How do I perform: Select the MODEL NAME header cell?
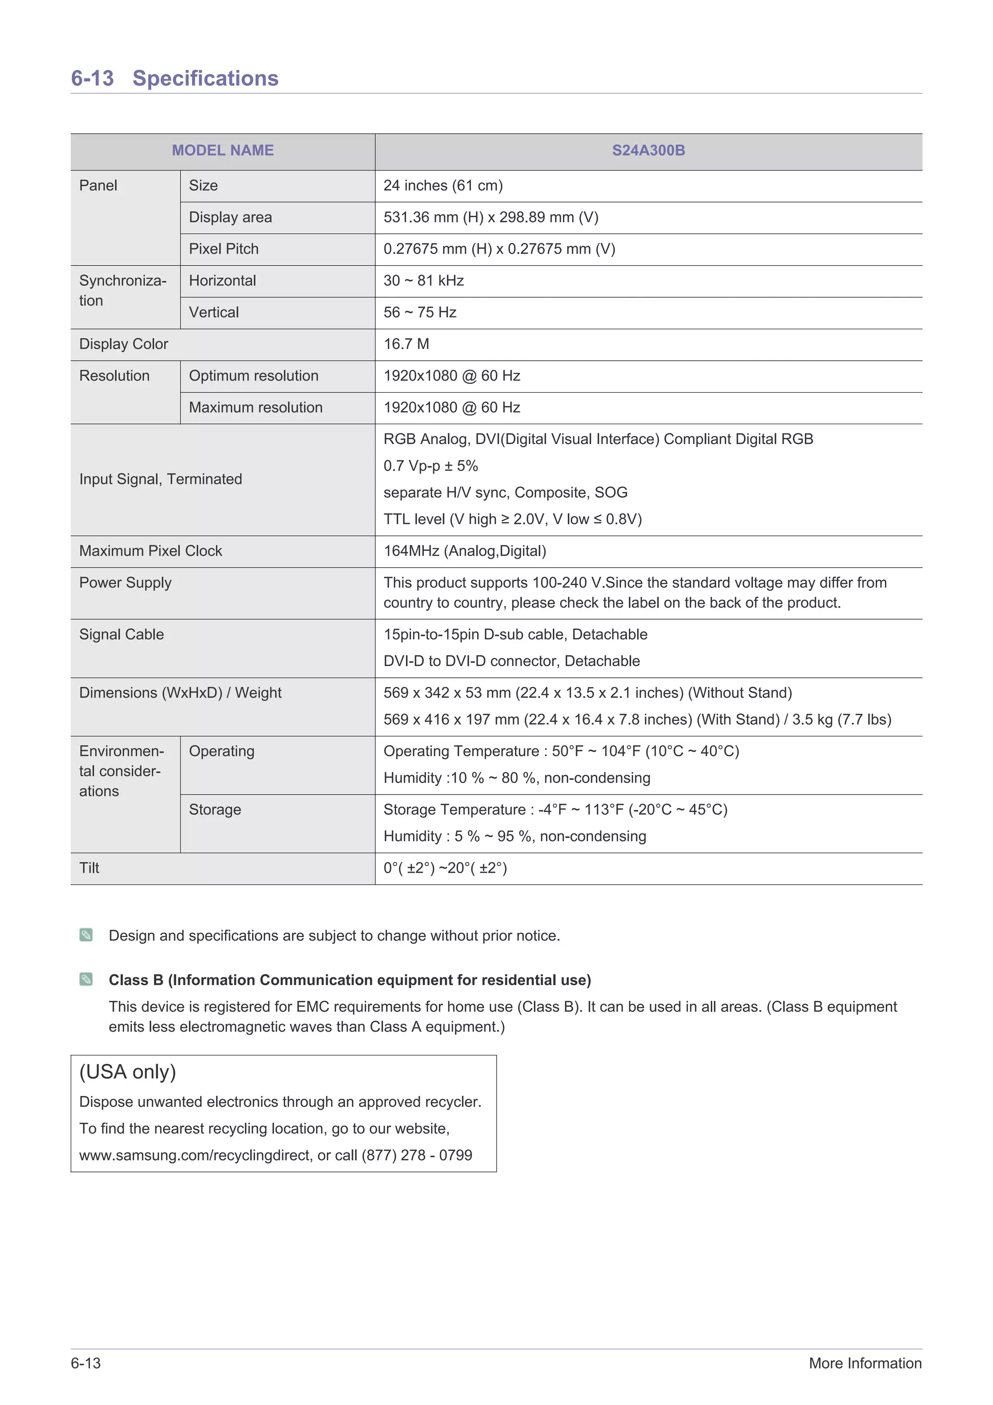tap(223, 150)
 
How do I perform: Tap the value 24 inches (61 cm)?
tap(443, 185)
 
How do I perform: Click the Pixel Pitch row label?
tap(224, 249)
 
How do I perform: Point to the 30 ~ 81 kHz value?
tap(423, 281)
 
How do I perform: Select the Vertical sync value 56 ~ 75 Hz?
tap(420, 313)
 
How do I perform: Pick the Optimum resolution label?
tap(253, 376)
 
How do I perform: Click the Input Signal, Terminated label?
tap(160, 479)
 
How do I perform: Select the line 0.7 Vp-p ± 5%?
tap(431, 466)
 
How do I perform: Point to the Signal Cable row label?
tap(121, 635)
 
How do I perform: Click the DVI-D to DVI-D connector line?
tap(512, 661)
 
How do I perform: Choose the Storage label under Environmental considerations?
tap(215, 810)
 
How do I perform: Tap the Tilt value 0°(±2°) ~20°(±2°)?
tap(445, 868)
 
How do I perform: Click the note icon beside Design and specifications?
tap(86, 935)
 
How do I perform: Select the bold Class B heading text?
tap(350, 980)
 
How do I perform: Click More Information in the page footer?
tap(865, 1363)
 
